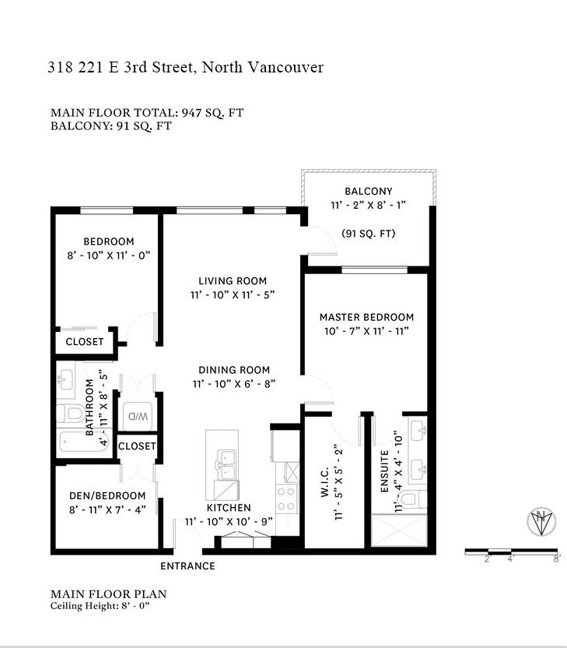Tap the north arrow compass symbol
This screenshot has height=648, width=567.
pos(541,522)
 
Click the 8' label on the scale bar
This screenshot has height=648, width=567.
pos(557,558)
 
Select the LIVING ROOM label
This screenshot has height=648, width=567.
pos(233,281)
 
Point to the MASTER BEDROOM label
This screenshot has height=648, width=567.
pos(367,318)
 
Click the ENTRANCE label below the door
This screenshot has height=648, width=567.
pos(187,566)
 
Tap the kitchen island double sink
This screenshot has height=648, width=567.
pos(226,465)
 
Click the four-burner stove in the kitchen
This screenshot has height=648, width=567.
pos(287,498)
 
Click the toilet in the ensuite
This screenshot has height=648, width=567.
pos(414,499)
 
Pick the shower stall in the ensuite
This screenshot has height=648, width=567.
pos(399,530)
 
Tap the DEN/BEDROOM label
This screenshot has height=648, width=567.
pos(107,496)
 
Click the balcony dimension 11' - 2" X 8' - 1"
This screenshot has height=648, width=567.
pos(369,205)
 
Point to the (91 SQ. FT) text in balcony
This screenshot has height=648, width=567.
pos(369,234)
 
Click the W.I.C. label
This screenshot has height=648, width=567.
pos(325,482)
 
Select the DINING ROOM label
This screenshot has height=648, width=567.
pos(234,370)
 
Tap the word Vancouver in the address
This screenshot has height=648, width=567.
pos(285,67)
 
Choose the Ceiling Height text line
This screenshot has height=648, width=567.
pos(100,606)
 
